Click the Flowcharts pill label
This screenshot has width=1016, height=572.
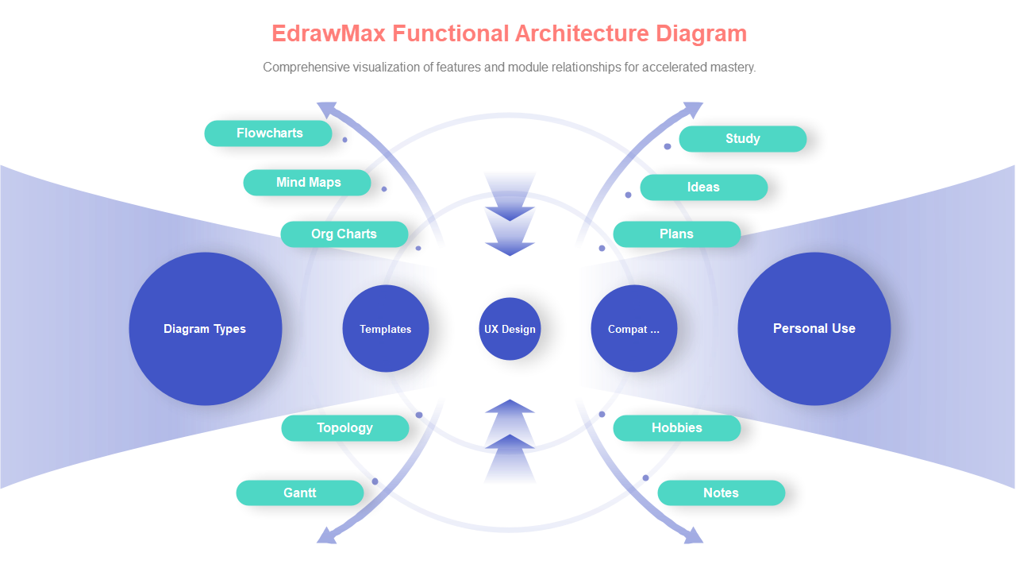click(x=268, y=133)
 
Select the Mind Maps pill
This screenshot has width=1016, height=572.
click(x=307, y=183)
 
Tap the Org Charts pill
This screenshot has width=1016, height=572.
click(x=344, y=234)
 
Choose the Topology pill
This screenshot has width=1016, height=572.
click(x=344, y=428)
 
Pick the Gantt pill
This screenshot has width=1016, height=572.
click(x=299, y=493)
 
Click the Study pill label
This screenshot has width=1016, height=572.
click(x=742, y=139)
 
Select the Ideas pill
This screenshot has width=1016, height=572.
click(x=703, y=187)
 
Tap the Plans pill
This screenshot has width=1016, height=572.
click(x=676, y=234)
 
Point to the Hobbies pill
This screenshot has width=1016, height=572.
click(x=676, y=428)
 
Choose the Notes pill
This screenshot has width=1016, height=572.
click(x=721, y=493)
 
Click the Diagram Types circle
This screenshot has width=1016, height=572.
click(x=205, y=329)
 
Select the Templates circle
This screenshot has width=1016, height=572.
click(x=386, y=329)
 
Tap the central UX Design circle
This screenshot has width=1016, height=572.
click(x=510, y=329)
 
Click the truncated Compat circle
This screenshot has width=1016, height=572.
click(x=633, y=329)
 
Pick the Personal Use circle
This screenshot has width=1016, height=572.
click(x=814, y=329)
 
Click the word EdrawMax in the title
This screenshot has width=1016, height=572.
click(x=328, y=33)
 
